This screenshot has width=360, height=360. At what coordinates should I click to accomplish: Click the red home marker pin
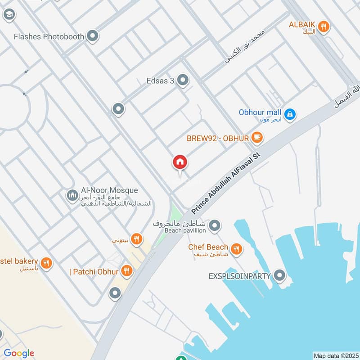180,162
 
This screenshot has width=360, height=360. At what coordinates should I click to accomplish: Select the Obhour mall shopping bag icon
290,114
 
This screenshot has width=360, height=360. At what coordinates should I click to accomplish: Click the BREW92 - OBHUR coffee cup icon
256,138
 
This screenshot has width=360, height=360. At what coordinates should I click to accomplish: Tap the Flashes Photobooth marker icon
93,36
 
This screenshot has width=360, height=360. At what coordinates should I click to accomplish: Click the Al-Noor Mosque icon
72,195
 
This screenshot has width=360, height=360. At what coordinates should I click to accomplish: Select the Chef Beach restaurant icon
235,248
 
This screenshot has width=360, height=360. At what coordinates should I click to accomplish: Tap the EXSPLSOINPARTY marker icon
279,275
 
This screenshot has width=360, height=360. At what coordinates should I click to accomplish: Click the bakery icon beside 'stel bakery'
45,263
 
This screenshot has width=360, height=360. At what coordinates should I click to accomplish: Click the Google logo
19,354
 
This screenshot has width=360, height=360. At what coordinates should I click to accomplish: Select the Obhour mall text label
260,112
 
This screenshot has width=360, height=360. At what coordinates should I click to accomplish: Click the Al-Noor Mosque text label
109,191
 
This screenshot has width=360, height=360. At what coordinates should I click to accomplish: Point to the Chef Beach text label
208,247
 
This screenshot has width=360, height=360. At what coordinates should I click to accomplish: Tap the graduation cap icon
8,14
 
